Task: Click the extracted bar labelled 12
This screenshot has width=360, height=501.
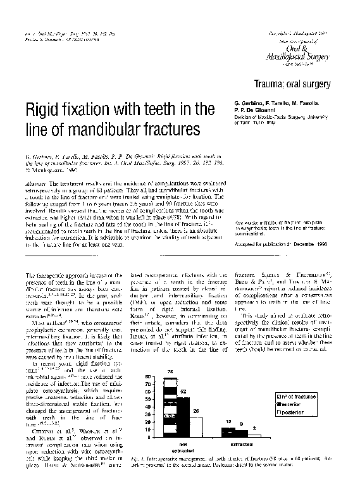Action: pyautogui.click(x=228, y=433)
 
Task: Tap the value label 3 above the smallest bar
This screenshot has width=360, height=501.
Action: pyautogui.click(x=254, y=429)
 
